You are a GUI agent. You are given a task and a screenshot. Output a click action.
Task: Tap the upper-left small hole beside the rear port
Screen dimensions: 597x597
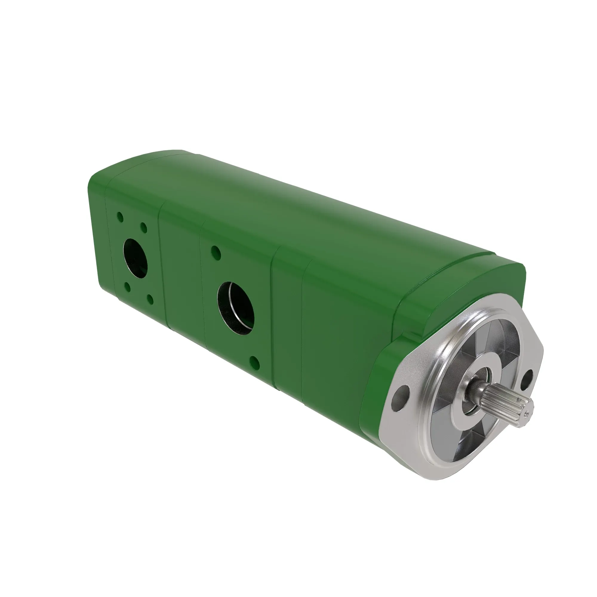pyautogui.click(x=120, y=217)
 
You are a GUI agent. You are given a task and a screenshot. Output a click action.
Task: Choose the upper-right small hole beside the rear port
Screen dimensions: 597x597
pyautogui.click(x=143, y=228)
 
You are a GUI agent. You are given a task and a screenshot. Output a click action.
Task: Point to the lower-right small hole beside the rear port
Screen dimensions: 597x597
pyautogui.click(x=150, y=299)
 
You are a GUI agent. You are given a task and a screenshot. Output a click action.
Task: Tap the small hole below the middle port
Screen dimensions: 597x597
pyautogui.click(x=254, y=362)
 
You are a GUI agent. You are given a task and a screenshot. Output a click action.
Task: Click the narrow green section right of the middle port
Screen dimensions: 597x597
pyautogui.click(x=287, y=324)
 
